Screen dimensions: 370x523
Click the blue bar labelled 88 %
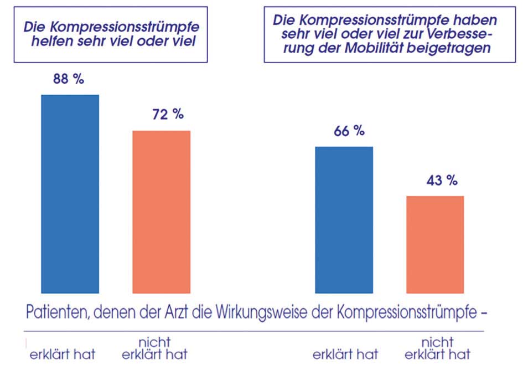click(x=70, y=193)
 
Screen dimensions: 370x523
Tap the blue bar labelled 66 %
click(x=344, y=219)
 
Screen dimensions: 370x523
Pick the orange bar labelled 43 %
click(x=435, y=244)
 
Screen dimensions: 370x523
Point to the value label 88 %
click(x=69, y=79)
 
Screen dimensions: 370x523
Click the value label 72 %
click(x=168, y=115)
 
